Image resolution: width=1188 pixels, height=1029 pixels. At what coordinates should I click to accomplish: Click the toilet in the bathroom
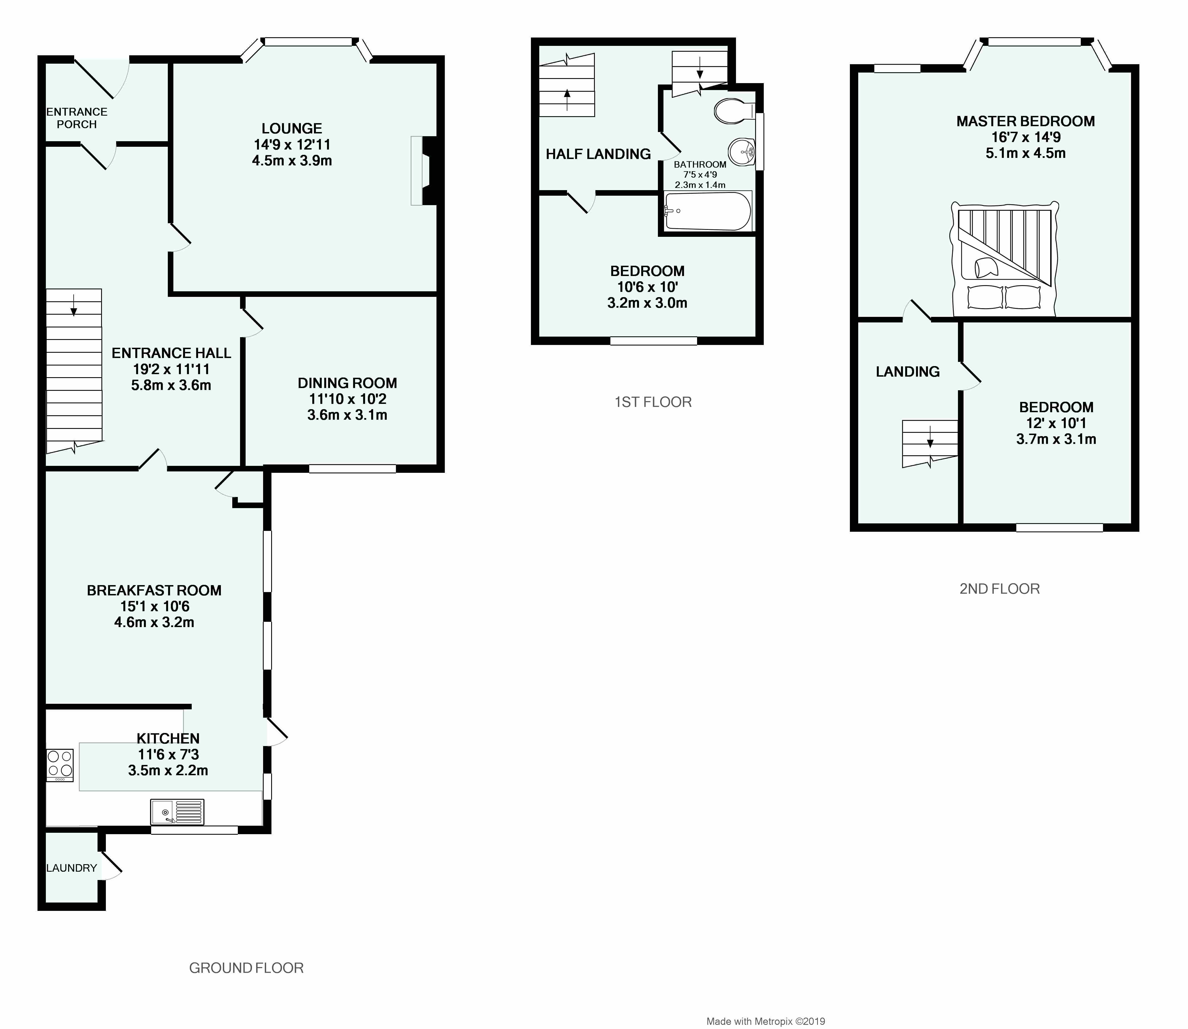click(x=735, y=111)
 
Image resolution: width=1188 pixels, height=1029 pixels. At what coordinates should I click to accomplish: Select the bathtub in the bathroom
click(x=707, y=211)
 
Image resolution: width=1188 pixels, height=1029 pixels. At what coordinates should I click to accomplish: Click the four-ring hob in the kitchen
click(x=60, y=765)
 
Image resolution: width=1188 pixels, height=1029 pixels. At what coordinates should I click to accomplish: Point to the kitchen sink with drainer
click(x=177, y=812)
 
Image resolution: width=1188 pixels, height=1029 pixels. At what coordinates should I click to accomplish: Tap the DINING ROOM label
click(x=347, y=383)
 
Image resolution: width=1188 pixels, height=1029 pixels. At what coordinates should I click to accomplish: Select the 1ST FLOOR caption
click(x=653, y=402)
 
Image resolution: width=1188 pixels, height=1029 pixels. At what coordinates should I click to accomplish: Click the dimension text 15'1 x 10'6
click(x=154, y=607)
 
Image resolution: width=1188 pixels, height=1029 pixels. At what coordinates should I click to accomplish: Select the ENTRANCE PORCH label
click(x=77, y=118)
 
